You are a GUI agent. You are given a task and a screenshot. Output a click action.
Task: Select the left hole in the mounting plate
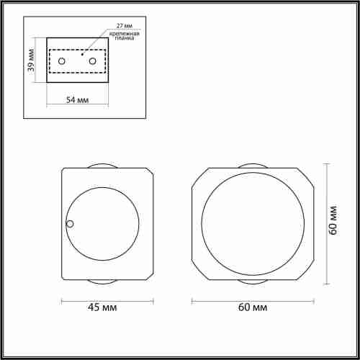coord(63,60)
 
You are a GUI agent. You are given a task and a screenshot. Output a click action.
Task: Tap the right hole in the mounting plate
coord(93,60)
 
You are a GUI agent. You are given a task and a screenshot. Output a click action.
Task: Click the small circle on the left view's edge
coord(70,224)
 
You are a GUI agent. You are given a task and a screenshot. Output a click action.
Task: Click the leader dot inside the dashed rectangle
coord(83,53)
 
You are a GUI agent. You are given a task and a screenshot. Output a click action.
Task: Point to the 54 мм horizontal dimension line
coord(78,106)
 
